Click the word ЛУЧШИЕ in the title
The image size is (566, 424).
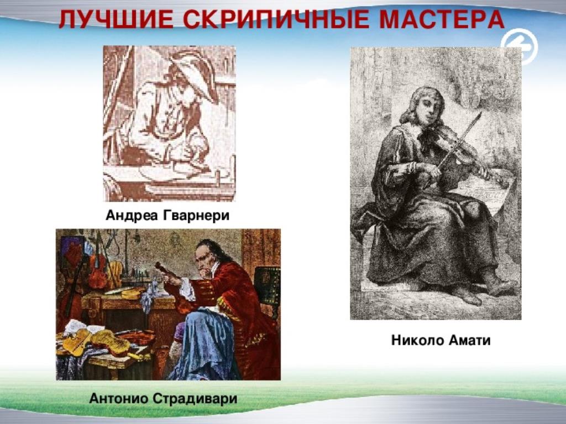(116, 19)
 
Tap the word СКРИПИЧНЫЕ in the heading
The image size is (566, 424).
(276, 19)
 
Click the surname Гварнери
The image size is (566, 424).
(196, 215)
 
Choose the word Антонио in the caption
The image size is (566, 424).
(119, 399)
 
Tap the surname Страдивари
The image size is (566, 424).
(195, 399)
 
